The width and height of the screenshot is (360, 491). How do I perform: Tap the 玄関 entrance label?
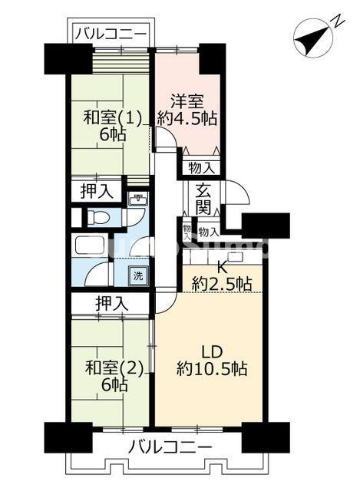click(203, 201)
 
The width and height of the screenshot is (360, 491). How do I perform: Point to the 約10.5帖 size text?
click(212, 369)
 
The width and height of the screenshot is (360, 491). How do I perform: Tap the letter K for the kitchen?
click(221, 267)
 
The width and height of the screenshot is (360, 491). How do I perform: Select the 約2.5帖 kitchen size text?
click(221, 285)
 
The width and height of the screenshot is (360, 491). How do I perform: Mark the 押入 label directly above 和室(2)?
click(111, 302)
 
